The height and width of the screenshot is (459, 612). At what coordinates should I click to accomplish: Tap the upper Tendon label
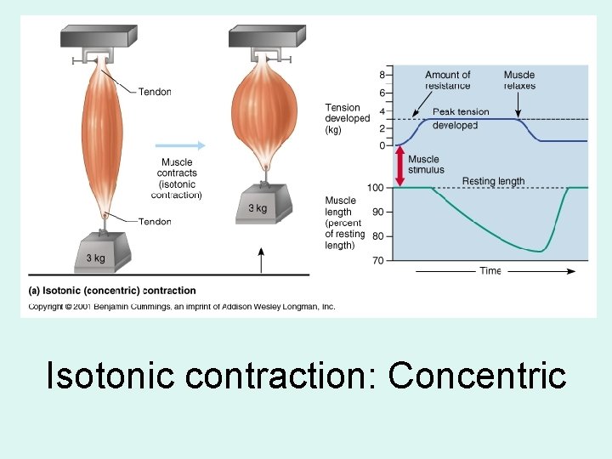pyautogui.click(x=155, y=92)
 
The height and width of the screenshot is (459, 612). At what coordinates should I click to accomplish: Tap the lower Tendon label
pyautogui.click(x=155, y=222)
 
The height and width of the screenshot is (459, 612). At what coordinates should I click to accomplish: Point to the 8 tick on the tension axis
pyautogui.click(x=382, y=75)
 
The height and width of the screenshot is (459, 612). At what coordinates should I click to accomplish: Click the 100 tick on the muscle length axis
pyautogui.click(x=375, y=187)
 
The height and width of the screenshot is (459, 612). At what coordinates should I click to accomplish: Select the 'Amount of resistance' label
pyautogui.click(x=447, y=80)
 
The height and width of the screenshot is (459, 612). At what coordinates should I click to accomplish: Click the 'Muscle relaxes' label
pyautogui.click(x=519, y=80)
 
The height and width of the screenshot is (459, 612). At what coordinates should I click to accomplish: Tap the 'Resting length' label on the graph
pyautogui.click(x=493, y=181)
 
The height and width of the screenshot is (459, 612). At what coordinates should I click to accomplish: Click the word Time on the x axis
pyautogui.click(x=490, y=271)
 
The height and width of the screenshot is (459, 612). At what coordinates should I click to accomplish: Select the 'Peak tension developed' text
pyautogui.click(x=460, y=118)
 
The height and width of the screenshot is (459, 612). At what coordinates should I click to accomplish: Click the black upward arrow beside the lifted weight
pyautogui.click(x=261, y=258)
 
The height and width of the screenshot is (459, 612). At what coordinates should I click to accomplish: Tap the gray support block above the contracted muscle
pyautogui.click(x=266, y=37)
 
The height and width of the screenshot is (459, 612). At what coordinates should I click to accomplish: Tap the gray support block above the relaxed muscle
pyautogui.click(x=99, y=37)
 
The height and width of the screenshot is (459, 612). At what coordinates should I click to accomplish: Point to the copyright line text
pyautogui.click(x=182, y=306)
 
